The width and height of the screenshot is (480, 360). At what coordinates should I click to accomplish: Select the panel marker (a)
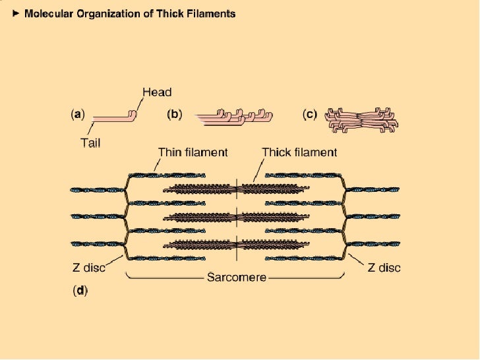[x=78, y=113]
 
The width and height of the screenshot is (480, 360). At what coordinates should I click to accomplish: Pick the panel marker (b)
[x=175, y=113]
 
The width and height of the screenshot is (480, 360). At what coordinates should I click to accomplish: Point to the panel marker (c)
[x=311, y=113]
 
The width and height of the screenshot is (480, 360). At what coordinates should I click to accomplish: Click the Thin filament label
[x=193, y=152]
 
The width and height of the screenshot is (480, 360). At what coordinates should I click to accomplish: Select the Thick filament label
[x=299, y=152]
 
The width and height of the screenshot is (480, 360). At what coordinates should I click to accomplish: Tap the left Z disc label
[x=88, y=268]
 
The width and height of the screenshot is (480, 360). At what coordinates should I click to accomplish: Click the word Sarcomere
[x=236, y=277]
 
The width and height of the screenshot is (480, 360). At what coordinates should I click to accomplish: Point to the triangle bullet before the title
[x=16, y=13]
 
